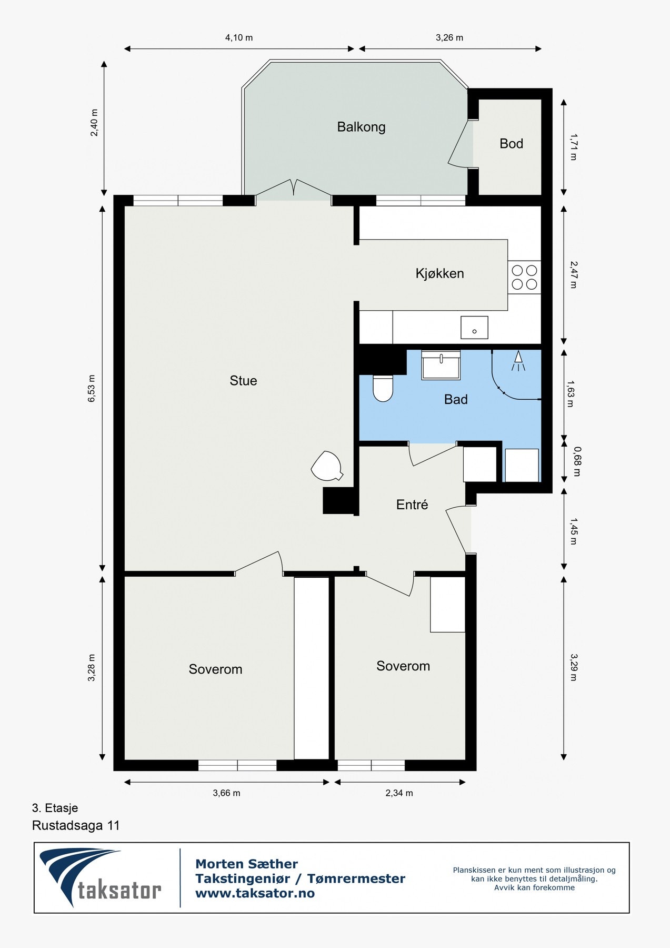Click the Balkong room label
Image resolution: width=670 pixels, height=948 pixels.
(361, 127)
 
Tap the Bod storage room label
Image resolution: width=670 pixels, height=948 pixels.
(511, 144)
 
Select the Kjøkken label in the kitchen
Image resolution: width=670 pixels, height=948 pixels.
(439, 273)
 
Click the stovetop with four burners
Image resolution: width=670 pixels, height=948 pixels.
(524, 278)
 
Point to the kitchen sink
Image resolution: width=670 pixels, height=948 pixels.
(474, 327)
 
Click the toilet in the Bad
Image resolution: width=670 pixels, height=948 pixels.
(383, 388)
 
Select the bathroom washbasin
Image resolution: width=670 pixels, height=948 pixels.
(441, 364)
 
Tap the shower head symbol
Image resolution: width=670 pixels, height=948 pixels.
(518, 361)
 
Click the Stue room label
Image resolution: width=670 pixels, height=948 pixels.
(243, 381)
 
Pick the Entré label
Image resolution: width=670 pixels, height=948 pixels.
(412, 505)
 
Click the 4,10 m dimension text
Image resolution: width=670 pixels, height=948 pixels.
(239, 37)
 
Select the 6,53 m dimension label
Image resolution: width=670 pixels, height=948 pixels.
(92, 389)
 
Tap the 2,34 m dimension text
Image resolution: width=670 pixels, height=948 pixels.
(399, 793)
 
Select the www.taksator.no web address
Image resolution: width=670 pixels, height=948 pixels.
(255, 893)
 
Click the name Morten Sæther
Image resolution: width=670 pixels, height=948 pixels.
(246, 864)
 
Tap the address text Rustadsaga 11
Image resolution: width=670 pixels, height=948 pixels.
(76, 825)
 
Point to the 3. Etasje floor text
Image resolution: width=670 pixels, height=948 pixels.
(55, 808)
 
